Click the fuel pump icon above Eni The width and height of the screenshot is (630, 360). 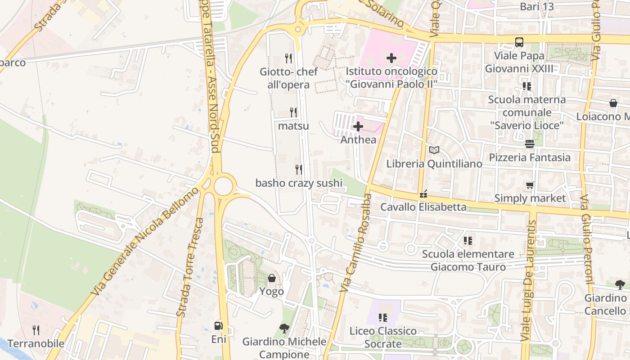click(218, 325)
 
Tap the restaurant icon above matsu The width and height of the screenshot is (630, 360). click(293, 112)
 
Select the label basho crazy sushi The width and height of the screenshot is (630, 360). click(299, 183)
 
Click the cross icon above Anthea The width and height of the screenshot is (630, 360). click(358, 126)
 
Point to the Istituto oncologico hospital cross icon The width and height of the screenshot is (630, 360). click(391, 58)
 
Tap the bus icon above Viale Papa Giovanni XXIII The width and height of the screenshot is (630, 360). click(519, 42)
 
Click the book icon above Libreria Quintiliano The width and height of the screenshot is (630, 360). click(434, 150)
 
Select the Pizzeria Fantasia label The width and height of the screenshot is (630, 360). click(530, 157)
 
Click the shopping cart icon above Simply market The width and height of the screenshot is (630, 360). click(530, 185)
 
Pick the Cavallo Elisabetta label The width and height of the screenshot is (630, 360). click(423, 207)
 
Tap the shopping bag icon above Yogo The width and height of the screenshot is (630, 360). click(272, 278)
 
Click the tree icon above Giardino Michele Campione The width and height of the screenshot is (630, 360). click(284, 328)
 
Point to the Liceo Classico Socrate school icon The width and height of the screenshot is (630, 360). click(383, 318)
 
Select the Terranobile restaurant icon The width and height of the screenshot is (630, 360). click(36, 330)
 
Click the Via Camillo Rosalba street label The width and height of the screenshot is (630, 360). click(355, 243)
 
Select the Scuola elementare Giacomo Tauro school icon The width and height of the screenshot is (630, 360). click(468, 241)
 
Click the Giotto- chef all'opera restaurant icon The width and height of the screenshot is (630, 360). click(288, 58)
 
